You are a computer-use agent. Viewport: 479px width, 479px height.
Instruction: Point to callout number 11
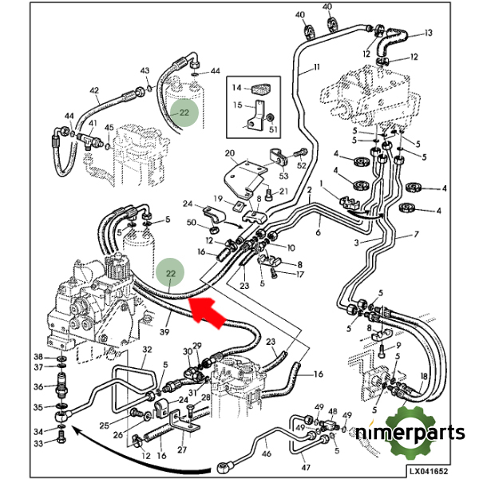pos(315,66)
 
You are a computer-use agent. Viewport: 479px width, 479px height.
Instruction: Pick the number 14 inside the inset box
pos(236,87)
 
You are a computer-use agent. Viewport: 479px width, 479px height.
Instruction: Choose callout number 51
pos(274,130)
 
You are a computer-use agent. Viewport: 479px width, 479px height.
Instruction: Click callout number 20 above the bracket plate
pos(230,153)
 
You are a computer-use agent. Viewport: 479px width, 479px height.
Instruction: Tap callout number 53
pos(283,177)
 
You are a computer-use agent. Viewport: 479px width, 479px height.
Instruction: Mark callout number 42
pos(94,90)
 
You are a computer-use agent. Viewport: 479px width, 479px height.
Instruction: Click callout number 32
pos(146,350)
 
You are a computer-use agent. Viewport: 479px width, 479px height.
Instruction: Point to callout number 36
pos(38,386)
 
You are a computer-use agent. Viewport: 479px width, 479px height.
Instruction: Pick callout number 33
pos(38,444)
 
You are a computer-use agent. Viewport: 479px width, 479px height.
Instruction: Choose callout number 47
pos(306,467)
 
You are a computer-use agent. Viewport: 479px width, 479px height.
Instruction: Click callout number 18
pos(424,376)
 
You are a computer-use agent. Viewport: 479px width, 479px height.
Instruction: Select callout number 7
pos(415,235)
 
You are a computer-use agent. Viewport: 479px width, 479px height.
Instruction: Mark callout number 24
pos(188,204)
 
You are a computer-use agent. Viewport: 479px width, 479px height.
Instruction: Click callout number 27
pos(181,449)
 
